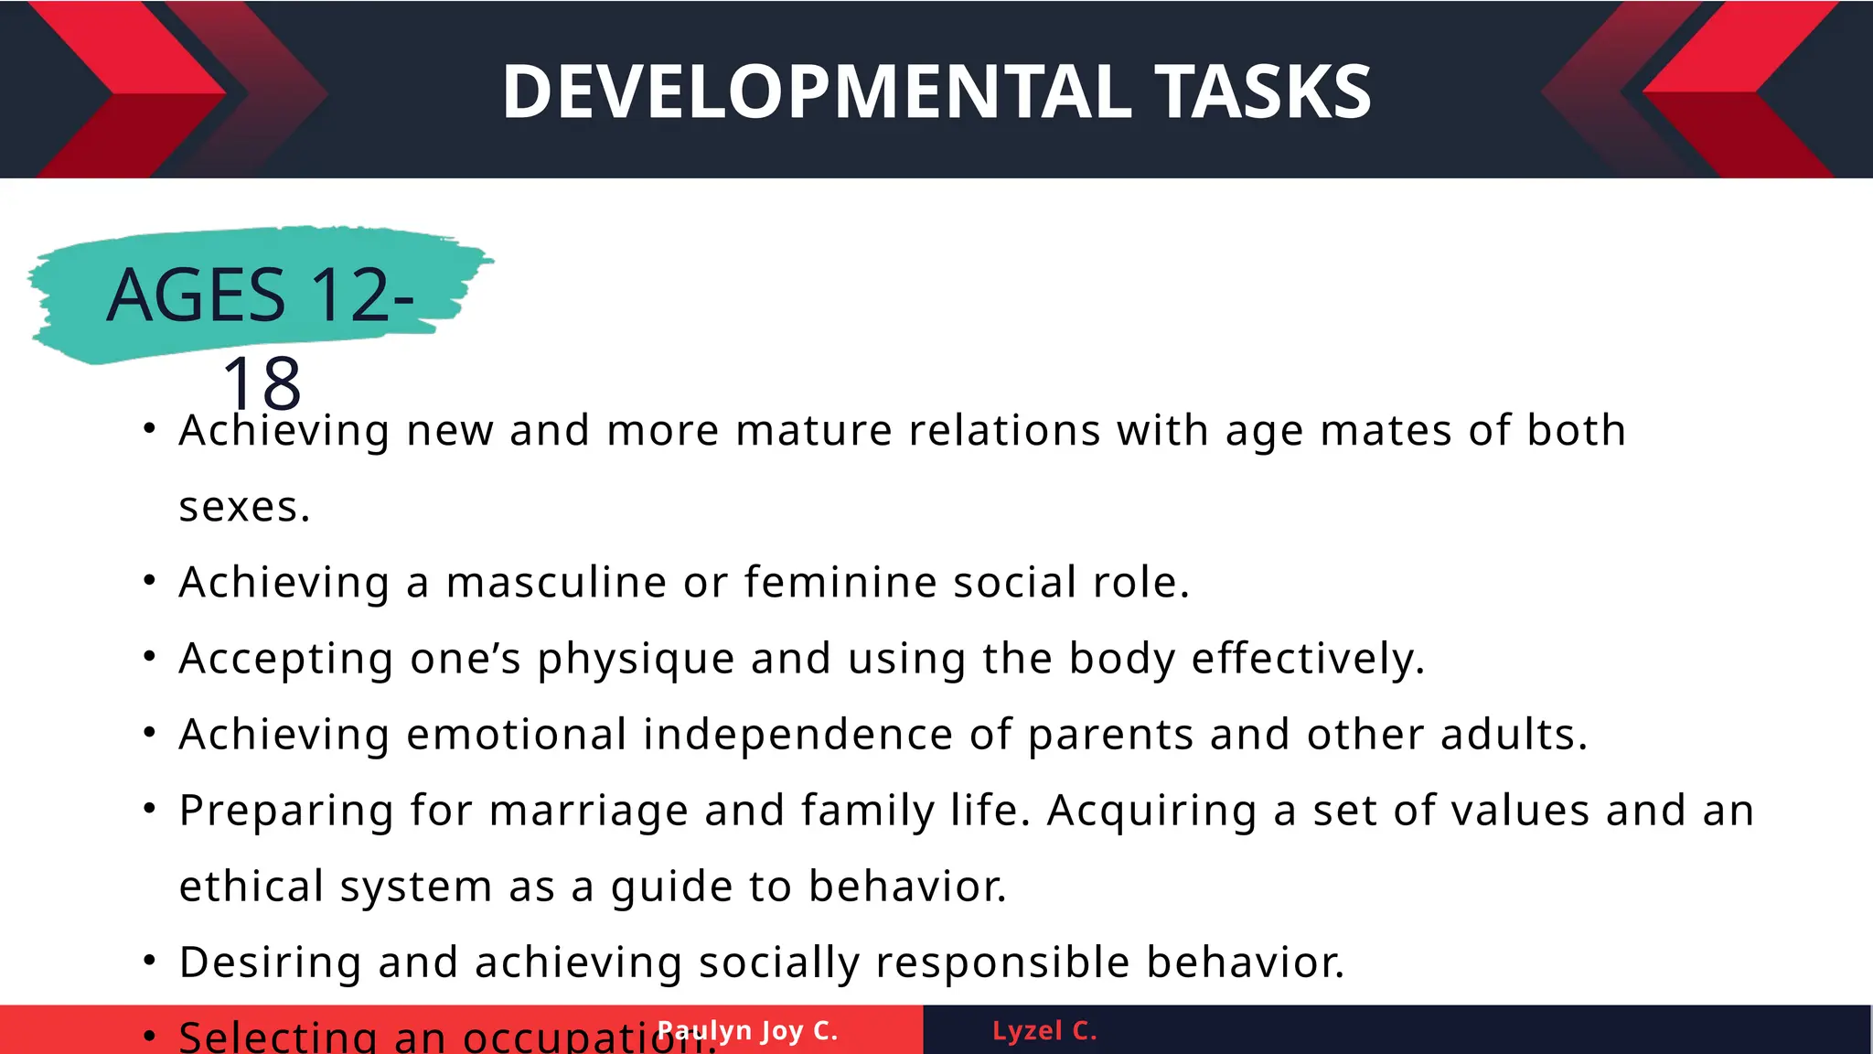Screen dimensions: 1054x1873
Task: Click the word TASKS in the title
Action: (x=1263, y=91)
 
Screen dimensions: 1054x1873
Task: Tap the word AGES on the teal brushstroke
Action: (x=196, y=296)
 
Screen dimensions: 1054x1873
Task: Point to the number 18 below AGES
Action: (x=262, y=384)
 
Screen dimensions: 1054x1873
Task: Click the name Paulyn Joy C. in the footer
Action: (x=748, y=1031)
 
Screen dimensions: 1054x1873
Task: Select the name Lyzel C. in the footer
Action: (x=1044, y=1031)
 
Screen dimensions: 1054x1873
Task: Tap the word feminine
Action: (x=840, y=583)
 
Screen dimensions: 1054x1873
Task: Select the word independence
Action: (x=797, y=735)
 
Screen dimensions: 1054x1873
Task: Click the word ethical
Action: (x=252, y=887)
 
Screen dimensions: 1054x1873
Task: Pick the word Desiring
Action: (x=271, y=963)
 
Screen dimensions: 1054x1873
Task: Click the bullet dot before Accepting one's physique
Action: (x=150, y=657)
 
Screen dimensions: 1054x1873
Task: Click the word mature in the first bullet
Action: (x=813, y=431)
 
